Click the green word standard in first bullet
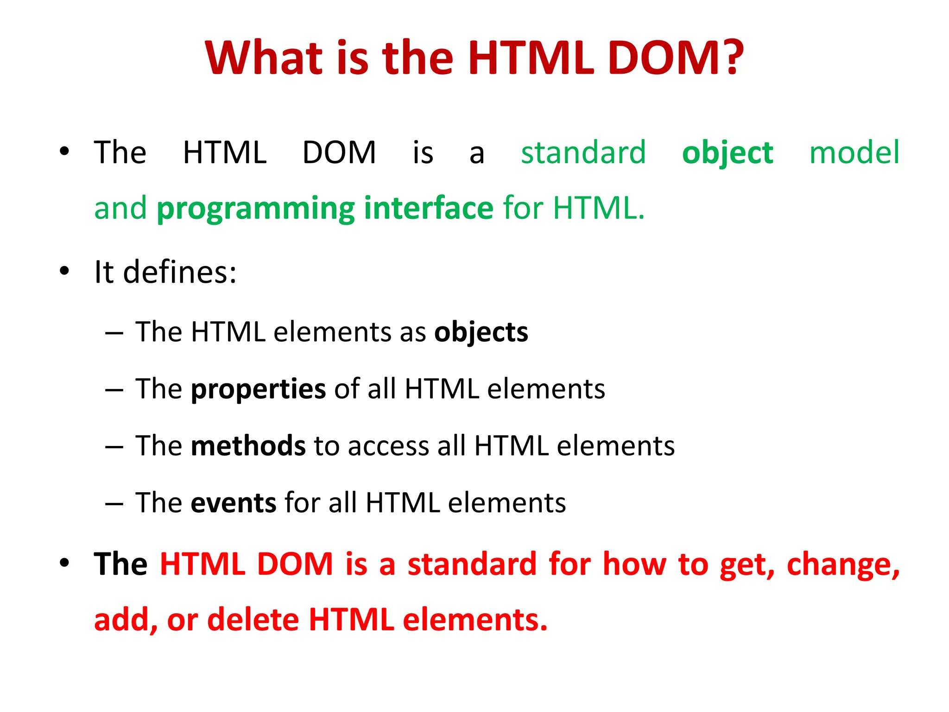pos(583,153)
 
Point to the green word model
pos(854,153)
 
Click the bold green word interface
pos(429,208)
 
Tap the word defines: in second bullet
pos(180,272)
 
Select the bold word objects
pos(481,333)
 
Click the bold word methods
pos(248,446)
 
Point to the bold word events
pos(234,503)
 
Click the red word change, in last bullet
pos(843,566)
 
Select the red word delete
pos(253,620)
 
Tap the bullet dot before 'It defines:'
pos(64,271)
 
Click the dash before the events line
pos(114,503)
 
